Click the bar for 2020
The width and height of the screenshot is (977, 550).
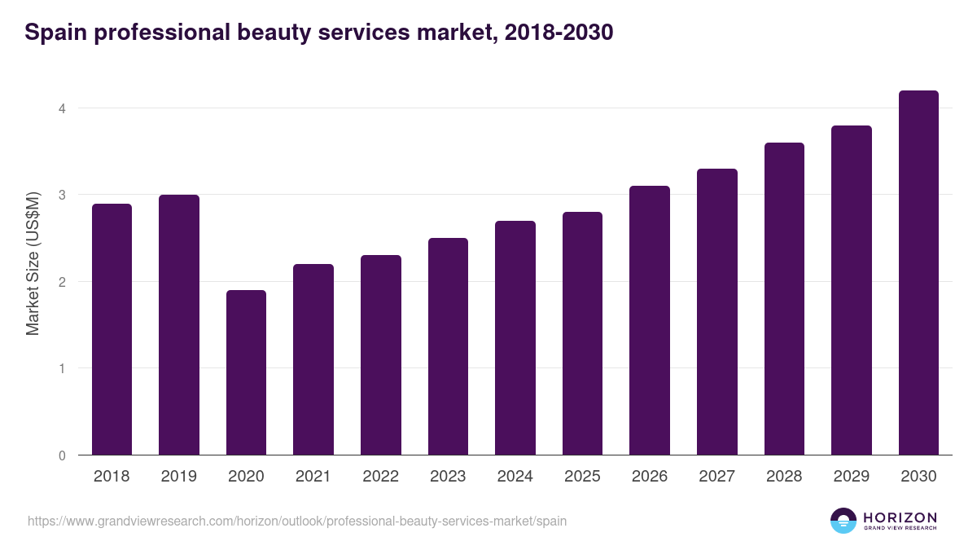pyautogui.click(x=246, y=372)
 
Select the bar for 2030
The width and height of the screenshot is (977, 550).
pyautogui.click(x=918, y=273)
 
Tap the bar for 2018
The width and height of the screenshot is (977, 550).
pyautogui.click(x=112, y=329)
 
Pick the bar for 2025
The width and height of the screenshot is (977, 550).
pyautogui.click(x=582, y=333)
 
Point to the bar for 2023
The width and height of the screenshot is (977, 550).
pyautogui.click(x=448, y=346)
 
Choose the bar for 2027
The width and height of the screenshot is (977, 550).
pyautogui.click(x=716, y=312)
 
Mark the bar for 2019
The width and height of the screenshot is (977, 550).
pyautogui.click(x=179, y=325)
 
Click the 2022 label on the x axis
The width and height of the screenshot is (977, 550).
pyautogui.click(x=380, y=477)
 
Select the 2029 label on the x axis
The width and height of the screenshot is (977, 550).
pyautogui.click(x=851, y=477)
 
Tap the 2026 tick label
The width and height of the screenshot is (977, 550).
pyautogui.click(x=650, y=477)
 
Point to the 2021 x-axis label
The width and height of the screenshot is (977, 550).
pyautogui.click(x=313, y=477)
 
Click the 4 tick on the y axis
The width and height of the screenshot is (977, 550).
pyautogui.click(x=62, y=108)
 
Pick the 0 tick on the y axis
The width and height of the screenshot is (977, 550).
pyautogui.click(x=62, y=455)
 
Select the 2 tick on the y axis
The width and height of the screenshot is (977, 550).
pyautogui.click(x=62, y=282)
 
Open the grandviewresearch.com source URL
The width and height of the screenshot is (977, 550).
pyautogui.click(x=297, y=521)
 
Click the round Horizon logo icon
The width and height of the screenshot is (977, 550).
pyautogui.click(x=843, y=521)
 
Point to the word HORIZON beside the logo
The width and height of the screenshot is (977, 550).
pyautogui.click(x=900, y=517)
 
